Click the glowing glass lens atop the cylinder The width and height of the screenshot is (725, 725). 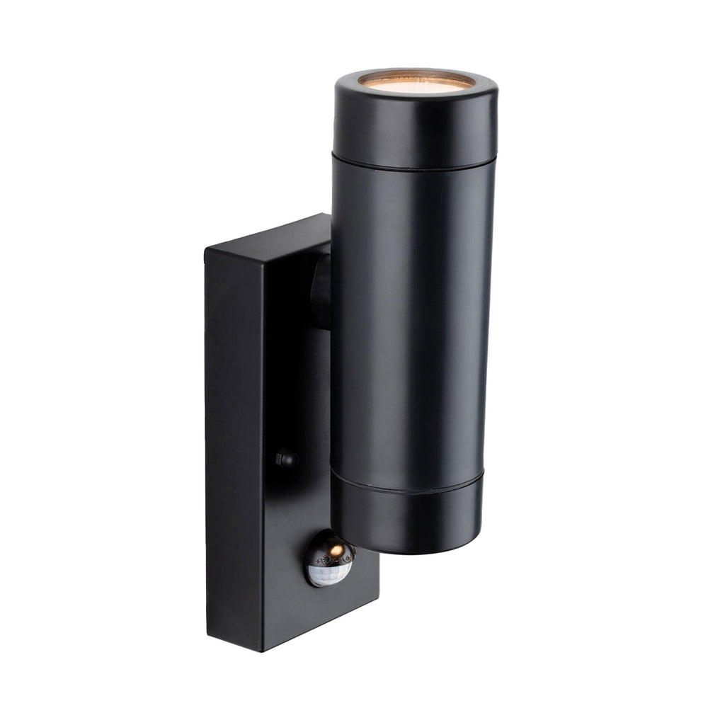(x=416, y=81)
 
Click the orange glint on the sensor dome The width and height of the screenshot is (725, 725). (x=338, y=550)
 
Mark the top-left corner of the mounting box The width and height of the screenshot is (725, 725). (x=206, y=249)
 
